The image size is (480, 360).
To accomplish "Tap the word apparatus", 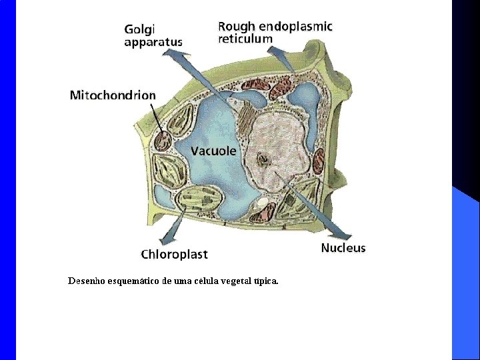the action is (x=153, y=42).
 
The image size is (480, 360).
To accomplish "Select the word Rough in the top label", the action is (x=236, y=27).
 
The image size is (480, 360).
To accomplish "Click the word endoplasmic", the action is (x=295, y=27).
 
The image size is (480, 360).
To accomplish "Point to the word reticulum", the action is (x=245, y=39).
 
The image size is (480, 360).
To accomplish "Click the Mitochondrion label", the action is (x=113, y=95).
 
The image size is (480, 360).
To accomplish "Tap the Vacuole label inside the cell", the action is (x=213, y=151).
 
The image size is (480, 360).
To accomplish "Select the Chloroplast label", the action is (x=174, y=254).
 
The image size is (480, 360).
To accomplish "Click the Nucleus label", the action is (x=343, y=248).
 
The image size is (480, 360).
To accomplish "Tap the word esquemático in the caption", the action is (x=131, y=281).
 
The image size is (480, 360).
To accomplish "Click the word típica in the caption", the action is (x=265, y=281).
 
